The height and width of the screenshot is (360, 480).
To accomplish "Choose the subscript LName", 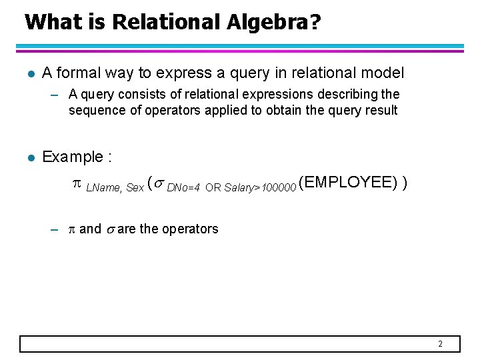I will pyautogui.click(x=103, y=188).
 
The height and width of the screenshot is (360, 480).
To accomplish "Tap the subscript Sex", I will pyautogui.click(x=135, y=188).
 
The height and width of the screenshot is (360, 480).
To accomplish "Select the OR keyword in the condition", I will pyautogui.click(x=213, y=188).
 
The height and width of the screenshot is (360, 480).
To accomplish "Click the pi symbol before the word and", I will pyautogui.click(x=71, y=229).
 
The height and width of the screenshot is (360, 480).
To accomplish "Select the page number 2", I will pyautogui.click(x=440, y=344).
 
